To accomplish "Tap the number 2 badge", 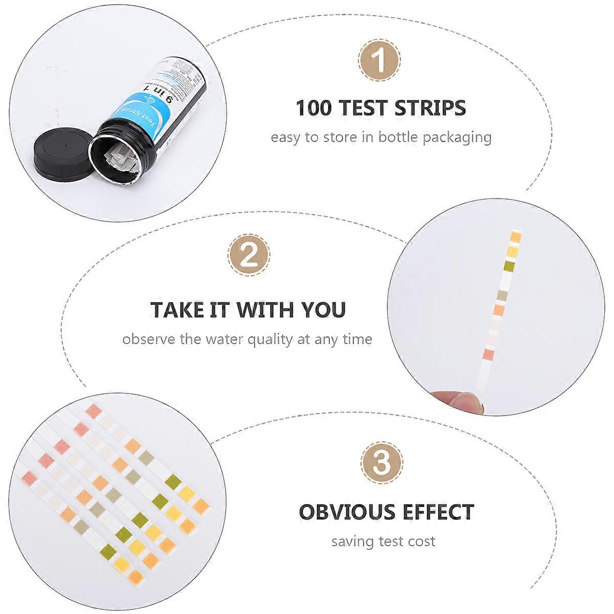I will coord(249,255).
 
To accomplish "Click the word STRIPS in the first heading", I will coord(430,108).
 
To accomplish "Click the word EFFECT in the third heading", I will coord(438,512).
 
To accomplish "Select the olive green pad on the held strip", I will coord(509,266).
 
